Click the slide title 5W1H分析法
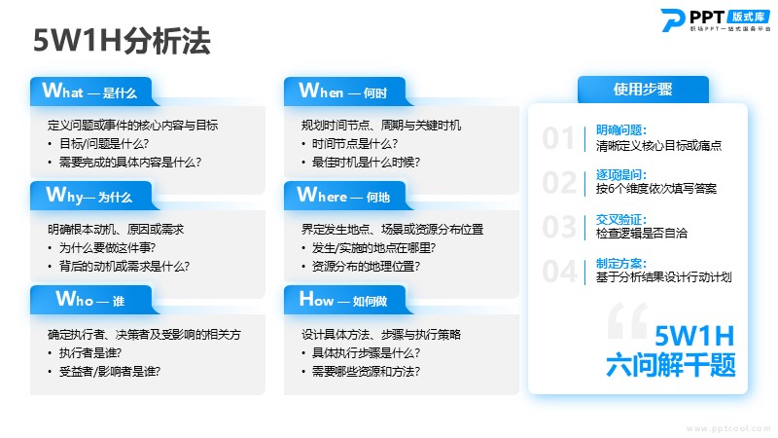click(123, 41)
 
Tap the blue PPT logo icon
click(672, 19)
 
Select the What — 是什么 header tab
click(94, 91)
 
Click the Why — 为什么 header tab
click(94, 196)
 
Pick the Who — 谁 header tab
click(94, 300)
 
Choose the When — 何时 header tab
click(348, 91)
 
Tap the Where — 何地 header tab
click(348, 196)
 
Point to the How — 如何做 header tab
click(348, 300)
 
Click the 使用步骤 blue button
click(643, 90)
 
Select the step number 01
click(558, 138)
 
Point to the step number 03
click(559, 227)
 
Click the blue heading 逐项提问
click(620, 175)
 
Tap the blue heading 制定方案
click(620, 264)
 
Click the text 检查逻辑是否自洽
click(642, 234)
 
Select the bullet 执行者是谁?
click(90, 353)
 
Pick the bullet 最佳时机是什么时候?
click(366, 162)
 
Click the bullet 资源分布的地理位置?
click(366, 266)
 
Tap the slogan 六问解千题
click(670, 365)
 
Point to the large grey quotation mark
click(627, 320)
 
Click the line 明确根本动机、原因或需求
click(116, 229)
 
